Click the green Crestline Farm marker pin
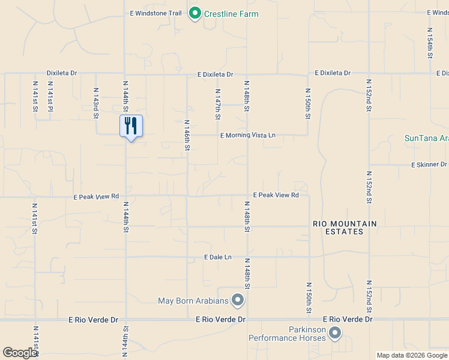tap(194, 13)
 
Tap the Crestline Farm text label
tap(231, 14)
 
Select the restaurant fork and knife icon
tap(130, 126)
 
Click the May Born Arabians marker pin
tap(238, 299)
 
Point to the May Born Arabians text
tap(193, 301)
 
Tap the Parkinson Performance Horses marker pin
tap(335, 332)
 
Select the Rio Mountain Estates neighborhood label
tap(345, 227)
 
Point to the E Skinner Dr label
tap(429, 164)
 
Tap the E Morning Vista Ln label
tap(247, 136)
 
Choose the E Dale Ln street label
tap(218, 257)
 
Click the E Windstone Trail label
tap(155, 13)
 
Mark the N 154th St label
tap(430, 43)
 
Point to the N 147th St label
tap(218, 103)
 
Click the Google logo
tap(20, 353)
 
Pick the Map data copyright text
tap(411, 355)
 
